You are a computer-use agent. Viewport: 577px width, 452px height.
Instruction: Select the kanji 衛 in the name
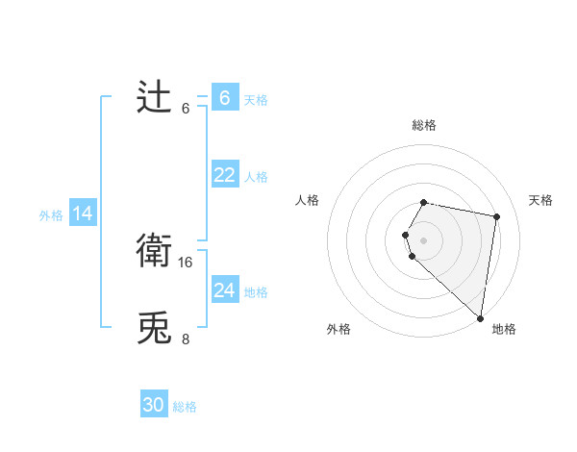point(154,251)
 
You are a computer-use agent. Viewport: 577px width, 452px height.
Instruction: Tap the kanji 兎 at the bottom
point(154,328)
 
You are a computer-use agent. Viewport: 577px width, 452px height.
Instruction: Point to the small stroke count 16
point(187,262)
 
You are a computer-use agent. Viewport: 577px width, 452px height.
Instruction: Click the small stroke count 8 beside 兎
point(185,339)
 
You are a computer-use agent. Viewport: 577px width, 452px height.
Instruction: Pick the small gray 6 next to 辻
point(186,108)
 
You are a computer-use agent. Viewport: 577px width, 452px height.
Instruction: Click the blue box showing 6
point(224,97)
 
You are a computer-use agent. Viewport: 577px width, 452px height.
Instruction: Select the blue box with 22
point(224,174)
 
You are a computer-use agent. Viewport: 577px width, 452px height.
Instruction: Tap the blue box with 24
point(224,289)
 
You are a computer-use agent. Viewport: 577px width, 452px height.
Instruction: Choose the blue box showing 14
point(83,213)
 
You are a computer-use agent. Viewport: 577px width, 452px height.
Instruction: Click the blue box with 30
point(154,405)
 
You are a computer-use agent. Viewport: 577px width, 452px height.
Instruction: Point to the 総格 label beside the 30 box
point(185,407)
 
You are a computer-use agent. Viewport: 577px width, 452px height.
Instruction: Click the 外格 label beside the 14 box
point(51,215)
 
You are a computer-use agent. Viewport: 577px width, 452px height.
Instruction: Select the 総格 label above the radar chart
point(424,125)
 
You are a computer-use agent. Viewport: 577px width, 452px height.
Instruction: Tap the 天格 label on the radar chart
point(541,200)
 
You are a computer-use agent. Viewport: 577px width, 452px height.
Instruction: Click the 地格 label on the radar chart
point(504,329)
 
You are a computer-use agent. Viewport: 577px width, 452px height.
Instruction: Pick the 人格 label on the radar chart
point(308,200)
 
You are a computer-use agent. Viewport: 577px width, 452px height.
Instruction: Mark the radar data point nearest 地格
point(480,317)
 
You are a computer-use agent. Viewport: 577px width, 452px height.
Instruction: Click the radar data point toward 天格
point(496,217)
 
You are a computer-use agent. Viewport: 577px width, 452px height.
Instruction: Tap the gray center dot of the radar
point(424,239)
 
